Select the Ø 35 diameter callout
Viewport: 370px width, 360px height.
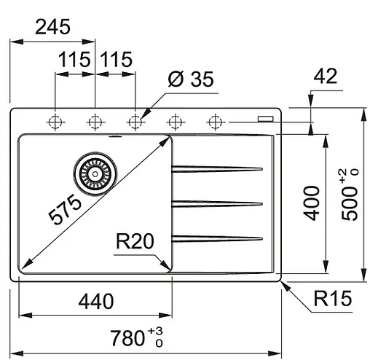click(190, 79)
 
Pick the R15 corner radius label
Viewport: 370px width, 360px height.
click(334, 299)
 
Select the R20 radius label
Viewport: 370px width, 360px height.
click(137, 240)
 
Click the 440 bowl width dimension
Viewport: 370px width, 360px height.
click(93, 300)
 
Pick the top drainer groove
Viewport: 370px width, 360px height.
click(217, 169)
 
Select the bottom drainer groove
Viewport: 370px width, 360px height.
click(217, 238)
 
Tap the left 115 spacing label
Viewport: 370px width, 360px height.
click(75, 59)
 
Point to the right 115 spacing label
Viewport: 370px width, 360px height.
click(115, 59)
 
